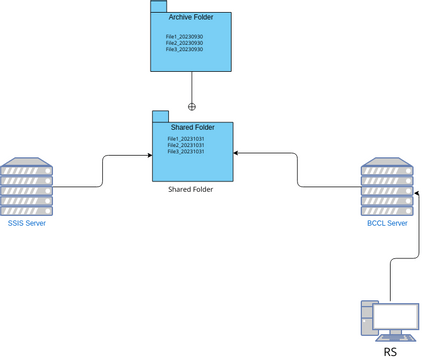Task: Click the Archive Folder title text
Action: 190,18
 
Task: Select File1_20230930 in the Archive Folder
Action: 185,37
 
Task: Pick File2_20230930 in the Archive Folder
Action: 185,43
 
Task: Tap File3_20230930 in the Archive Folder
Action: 185,49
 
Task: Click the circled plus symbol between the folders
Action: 192,105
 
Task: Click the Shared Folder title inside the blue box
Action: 192,127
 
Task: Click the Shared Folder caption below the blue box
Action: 191,188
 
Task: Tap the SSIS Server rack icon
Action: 28,186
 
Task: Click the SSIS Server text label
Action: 27,223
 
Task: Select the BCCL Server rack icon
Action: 387,186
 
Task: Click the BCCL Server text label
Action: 387,223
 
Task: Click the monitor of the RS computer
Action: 396,318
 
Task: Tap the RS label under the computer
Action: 391,352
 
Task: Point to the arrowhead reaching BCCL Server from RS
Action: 415,191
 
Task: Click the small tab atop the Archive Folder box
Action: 157,6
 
